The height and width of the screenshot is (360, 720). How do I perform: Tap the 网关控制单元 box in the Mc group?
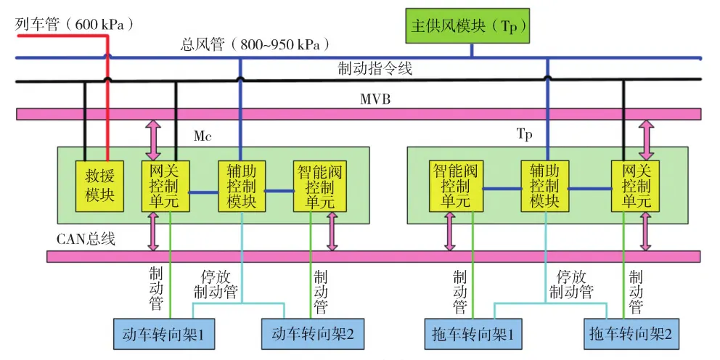click(164, 187)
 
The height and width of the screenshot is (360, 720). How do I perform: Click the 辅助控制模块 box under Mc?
click(242, 187)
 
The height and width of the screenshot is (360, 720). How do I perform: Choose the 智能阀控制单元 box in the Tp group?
click(455, 187)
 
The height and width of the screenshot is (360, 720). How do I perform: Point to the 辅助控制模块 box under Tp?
click(544, 187)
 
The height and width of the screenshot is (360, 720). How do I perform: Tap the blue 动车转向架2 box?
click(312, 335)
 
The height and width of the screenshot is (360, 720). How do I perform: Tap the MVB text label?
click(375, 99)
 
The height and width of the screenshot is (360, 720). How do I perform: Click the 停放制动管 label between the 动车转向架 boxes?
click(223, 285)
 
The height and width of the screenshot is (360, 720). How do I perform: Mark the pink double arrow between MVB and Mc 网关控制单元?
click(154, 140)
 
